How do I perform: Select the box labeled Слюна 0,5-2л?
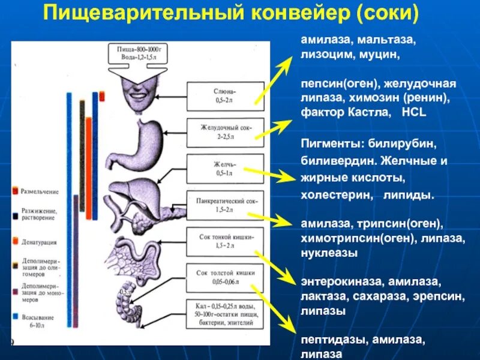(x=224, y=96)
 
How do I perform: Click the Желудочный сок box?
(x=224, y=132)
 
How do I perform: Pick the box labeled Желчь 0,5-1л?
(x=224, y=168)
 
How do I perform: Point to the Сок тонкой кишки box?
(x=224, y=242)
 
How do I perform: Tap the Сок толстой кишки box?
(x=224, y=277)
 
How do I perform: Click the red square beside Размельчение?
(x=16, y=191)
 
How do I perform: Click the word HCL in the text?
(x=414, y=113)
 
